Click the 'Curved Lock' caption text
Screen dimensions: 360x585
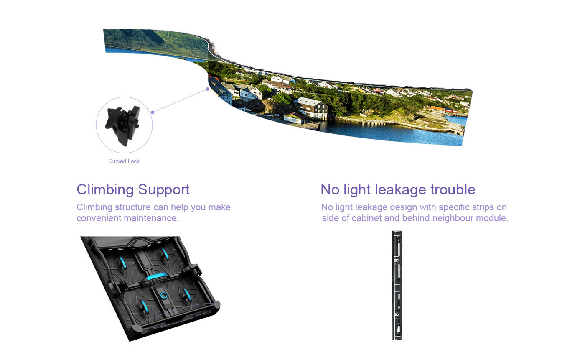pos(124,161)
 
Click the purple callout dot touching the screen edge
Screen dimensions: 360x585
pos(208,89)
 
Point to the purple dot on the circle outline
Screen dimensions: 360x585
pos(153,112)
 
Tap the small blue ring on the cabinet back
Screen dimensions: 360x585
pos(163,296)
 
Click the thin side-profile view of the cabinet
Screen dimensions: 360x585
pos(398,284)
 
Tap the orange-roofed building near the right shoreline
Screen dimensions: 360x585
pos(438,108)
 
